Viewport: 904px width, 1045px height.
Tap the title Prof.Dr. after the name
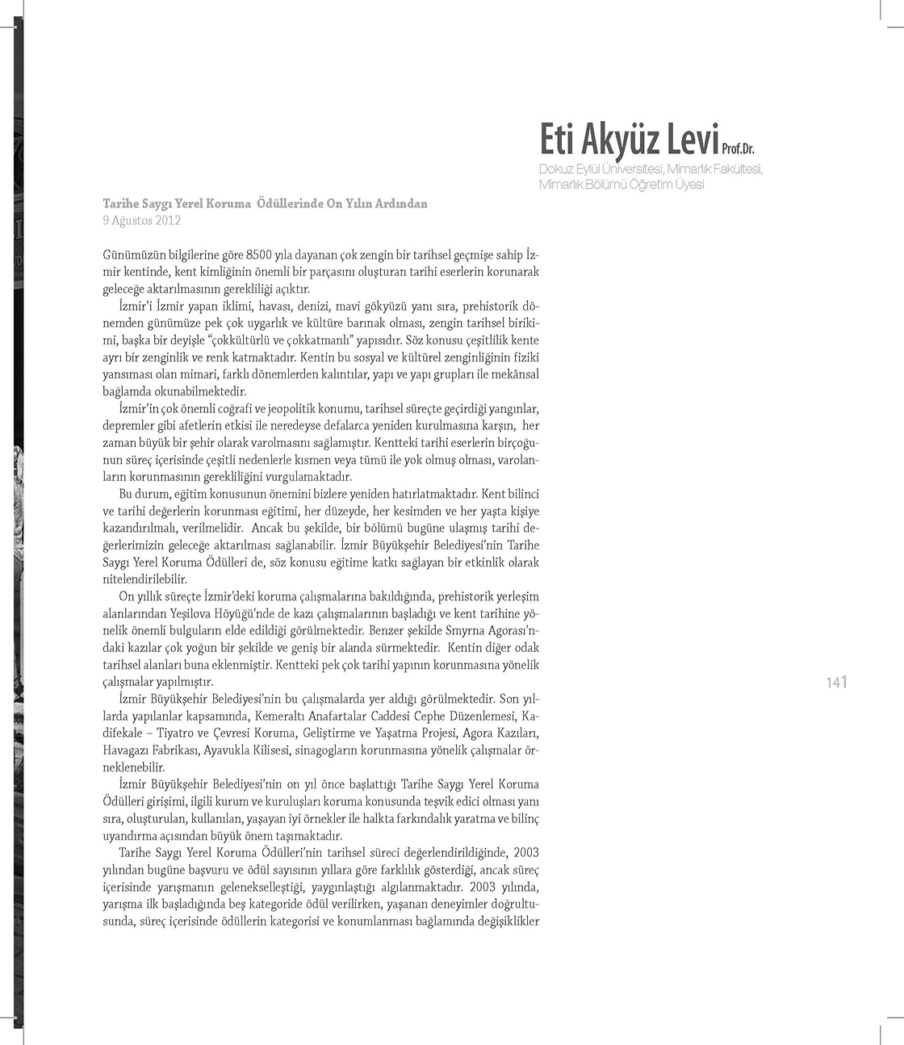[738, 149]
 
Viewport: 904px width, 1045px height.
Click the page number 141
[837, 683]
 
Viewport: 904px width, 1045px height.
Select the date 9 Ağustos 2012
[141, 219]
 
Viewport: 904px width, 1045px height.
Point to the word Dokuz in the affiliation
[555, 169]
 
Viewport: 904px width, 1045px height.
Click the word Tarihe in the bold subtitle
[120, 203]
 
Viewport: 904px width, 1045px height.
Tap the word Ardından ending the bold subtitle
[398, 203]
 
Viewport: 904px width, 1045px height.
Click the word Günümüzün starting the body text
[133, 254]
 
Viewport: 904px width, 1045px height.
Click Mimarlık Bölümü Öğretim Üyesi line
[621, 184]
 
